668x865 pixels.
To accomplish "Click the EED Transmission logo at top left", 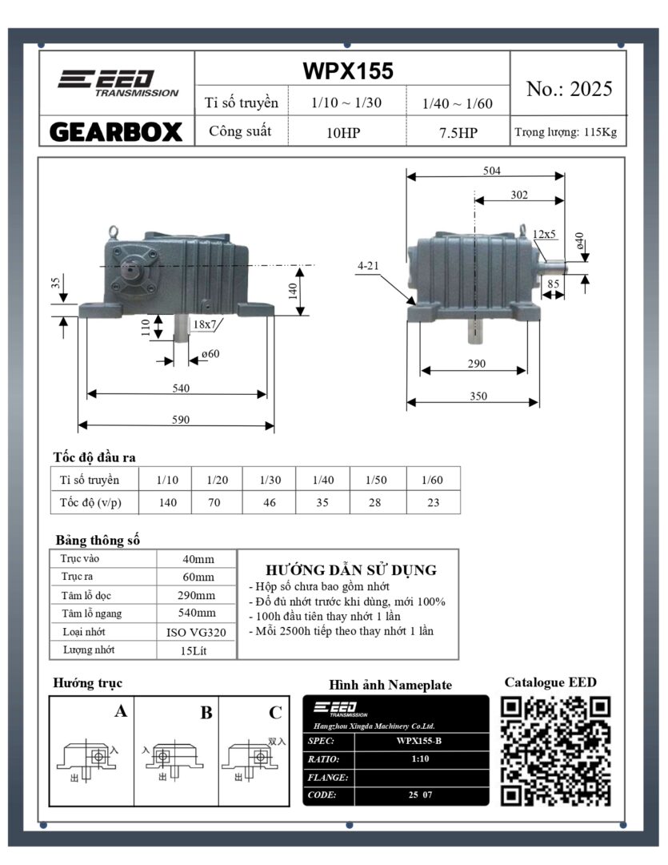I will click(117, 82).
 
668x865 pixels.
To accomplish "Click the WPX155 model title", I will click(348, 71).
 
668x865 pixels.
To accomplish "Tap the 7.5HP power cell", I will click(458, 133).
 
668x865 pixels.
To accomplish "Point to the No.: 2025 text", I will click(569, 89).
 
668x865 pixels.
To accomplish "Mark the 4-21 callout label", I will click(369, 265).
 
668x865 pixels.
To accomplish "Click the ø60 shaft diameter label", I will click(210, 353).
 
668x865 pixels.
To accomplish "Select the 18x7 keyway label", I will click(204, 324).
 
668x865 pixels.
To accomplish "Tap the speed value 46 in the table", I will click(269, 503).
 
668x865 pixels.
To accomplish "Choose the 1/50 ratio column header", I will click(377, 480).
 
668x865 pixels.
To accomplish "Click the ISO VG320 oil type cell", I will click(196, 632).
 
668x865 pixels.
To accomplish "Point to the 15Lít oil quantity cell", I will click(196, 650).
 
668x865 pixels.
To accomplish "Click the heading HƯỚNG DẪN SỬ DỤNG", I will click(350, 570).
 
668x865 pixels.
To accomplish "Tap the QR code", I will click(554, 750).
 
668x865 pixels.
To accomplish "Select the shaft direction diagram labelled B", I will click(175, 753).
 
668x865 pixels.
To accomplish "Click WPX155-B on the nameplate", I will click(418, 741).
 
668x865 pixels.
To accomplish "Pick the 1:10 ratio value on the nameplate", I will click(418, 758).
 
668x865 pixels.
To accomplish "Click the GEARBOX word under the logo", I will click(117, 131).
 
